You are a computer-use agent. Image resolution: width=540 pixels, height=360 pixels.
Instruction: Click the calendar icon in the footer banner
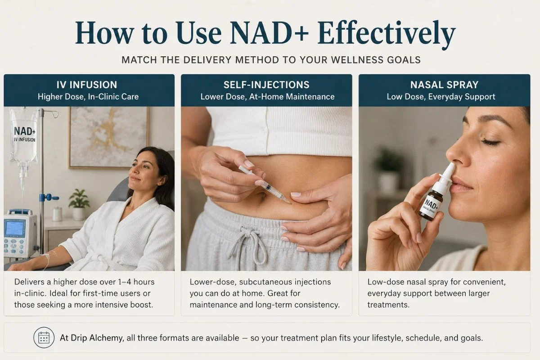(x=44, y=337)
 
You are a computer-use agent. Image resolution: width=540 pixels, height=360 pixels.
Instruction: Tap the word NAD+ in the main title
(x=269, y=33)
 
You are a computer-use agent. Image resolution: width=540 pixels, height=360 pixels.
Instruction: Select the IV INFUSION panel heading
(x=87, y=85)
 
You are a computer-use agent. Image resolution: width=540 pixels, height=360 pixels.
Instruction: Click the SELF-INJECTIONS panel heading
(x=266, y=85)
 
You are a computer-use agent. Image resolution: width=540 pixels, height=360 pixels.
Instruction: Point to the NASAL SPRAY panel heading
(x=444, y=85)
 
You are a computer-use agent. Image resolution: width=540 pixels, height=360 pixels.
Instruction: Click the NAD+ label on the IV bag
(x=25, y=131)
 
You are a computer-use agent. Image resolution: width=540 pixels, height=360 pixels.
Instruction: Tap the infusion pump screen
(x=15, y=228)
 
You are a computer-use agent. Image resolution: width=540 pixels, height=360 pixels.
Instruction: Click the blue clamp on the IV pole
(x=49, y=198)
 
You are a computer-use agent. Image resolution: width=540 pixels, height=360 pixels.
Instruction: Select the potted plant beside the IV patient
(x=79, y=204)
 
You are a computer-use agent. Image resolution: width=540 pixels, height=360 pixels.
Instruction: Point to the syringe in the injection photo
(x=265, y=184)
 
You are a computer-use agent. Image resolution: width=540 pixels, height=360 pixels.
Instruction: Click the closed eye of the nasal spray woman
(x=490, y=142)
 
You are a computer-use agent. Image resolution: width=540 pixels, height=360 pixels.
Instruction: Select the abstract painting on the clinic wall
(x=109, y=137)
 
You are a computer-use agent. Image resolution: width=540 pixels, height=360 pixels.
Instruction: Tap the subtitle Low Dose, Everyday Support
(x=441, y=97)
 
